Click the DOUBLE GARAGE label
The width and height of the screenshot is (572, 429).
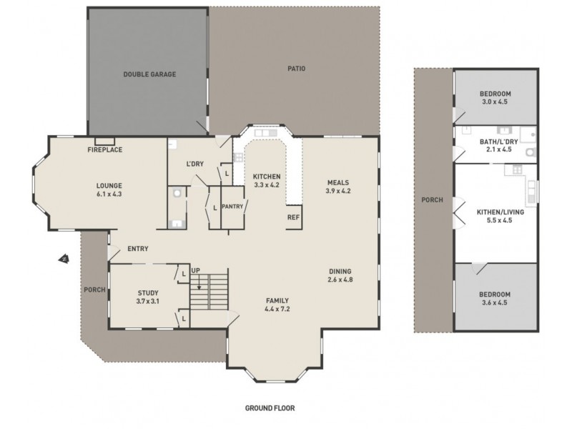coord(149,74)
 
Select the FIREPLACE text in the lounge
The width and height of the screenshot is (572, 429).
coord(104,150)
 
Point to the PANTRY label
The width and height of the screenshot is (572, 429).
coord(233,207)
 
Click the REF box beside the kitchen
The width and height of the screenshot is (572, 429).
coord(292,217)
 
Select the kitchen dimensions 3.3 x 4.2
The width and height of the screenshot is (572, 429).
coord(266,185)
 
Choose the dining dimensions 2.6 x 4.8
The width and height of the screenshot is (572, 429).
coord(340,280)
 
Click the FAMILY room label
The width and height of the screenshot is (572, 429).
coord(277,300)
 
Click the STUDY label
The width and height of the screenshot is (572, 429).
coord(147,292)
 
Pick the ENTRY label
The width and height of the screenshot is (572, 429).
coord(137,249)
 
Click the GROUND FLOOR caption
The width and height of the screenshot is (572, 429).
coord(270,408)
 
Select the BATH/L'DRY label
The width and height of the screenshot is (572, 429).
coord(494,142)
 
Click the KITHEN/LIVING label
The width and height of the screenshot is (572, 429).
coord(494,212)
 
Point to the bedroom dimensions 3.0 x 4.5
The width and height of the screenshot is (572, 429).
coord(494,102)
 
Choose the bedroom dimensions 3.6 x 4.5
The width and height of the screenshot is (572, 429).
coord(494,303)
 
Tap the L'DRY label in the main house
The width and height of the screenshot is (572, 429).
coord(195,164)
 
